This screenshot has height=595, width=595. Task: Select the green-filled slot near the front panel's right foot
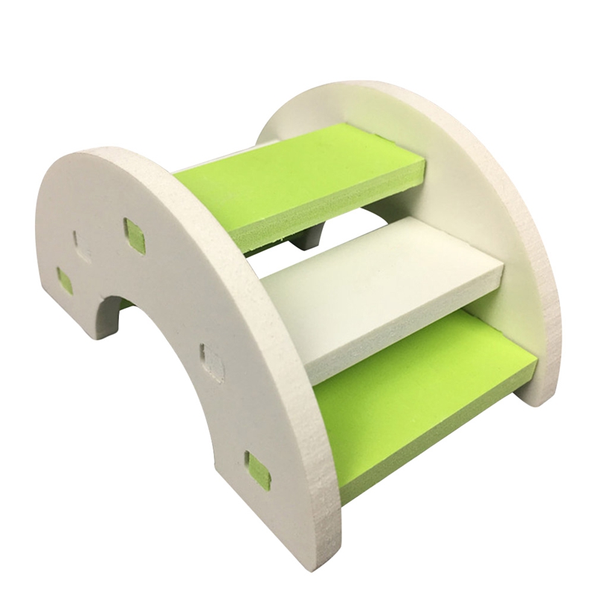click(258, 463)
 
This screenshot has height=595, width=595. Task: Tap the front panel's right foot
click(297, 513)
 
